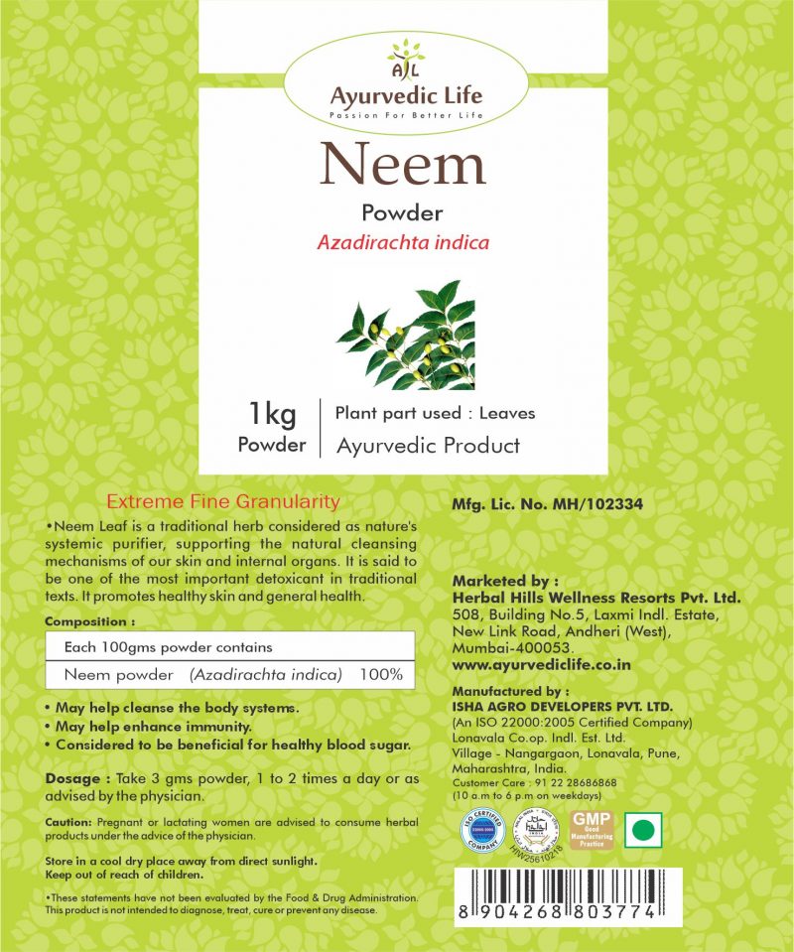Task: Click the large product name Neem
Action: point(402,165)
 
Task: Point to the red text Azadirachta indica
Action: point(405,241)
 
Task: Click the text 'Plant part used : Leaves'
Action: point(436,413)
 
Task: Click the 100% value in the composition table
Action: point(382,675)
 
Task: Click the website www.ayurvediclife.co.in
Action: point(542,663)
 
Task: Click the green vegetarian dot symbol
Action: point(646,829)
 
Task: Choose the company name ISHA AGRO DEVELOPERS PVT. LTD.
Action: point(562,706)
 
